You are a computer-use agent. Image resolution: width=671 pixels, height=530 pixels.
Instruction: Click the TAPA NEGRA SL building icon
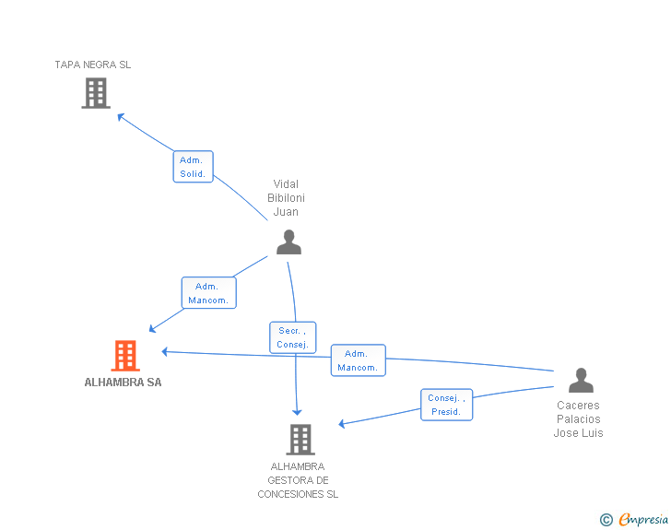96,93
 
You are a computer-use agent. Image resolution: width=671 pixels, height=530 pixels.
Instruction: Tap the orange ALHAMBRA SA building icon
125,356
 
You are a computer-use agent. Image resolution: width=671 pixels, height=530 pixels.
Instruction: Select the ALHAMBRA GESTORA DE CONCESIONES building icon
300,440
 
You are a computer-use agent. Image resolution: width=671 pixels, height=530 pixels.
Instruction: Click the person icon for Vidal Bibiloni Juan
288,242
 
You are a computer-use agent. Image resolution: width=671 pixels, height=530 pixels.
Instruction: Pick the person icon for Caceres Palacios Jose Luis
581,380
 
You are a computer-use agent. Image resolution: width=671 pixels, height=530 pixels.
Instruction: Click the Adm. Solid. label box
193,167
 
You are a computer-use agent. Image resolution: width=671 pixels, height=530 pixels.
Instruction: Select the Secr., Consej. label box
293,337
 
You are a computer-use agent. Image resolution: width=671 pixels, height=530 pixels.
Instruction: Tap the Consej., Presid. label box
447,405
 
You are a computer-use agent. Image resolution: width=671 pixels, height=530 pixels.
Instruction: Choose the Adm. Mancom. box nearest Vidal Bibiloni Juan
208,293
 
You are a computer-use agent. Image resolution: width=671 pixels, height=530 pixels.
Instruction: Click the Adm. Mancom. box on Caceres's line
358,360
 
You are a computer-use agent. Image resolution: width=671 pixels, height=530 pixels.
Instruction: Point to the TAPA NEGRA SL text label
93,65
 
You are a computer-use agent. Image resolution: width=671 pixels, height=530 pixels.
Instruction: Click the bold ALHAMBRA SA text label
123,383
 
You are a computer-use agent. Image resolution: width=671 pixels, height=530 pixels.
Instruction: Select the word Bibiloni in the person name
286,198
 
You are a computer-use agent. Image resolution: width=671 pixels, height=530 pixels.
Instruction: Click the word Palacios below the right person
578,419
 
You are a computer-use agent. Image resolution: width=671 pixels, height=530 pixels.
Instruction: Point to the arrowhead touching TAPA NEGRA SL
120,115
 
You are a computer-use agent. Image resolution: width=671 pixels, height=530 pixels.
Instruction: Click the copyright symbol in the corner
606,520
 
